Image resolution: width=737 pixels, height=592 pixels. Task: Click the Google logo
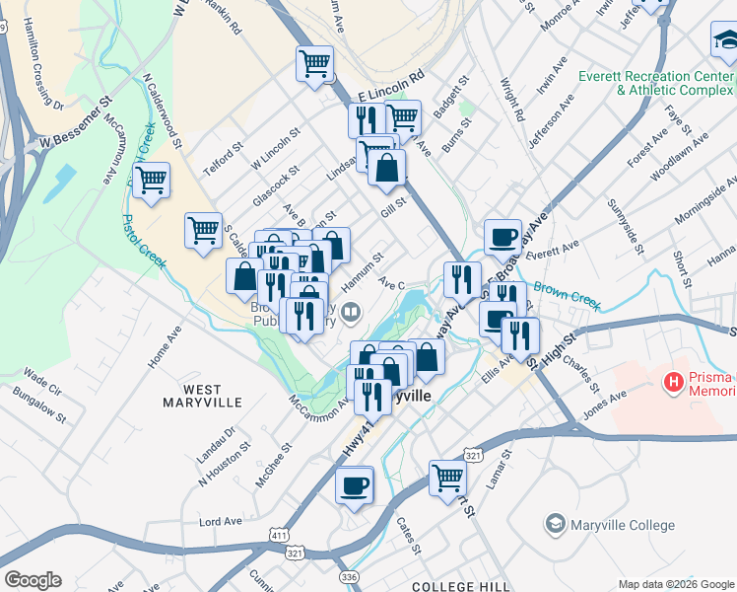tap(33, 580)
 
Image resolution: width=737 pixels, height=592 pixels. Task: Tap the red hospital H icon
tap(674, 380)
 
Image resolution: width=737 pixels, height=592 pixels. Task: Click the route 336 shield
tap(347, 576)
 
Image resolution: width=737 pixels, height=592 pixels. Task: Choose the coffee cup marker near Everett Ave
tap(502, 237)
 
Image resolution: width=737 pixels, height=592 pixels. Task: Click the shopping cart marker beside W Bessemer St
tap(151, 182)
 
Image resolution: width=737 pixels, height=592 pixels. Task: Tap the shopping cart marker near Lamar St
tap(447, 478)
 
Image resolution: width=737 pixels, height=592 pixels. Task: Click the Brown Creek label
tap(567, 294)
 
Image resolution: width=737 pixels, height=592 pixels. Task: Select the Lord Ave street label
tap(221, 521)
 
